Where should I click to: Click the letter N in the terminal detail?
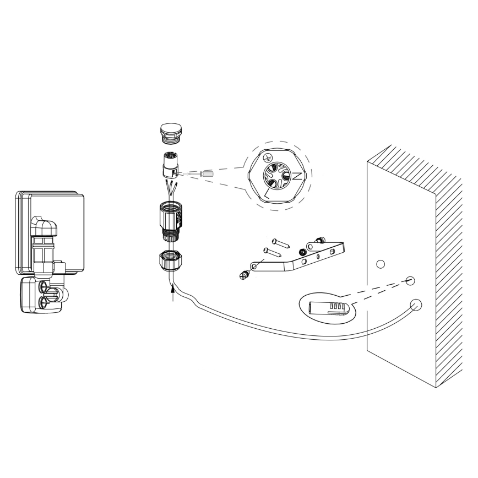tap(296, 177)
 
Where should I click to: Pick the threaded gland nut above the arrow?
tap(170, 259)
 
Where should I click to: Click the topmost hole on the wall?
tap(380, 264)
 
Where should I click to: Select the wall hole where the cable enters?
tap(416, 305)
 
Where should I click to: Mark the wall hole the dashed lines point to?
tap(410, 281)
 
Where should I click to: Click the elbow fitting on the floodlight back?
tap(41, 225)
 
